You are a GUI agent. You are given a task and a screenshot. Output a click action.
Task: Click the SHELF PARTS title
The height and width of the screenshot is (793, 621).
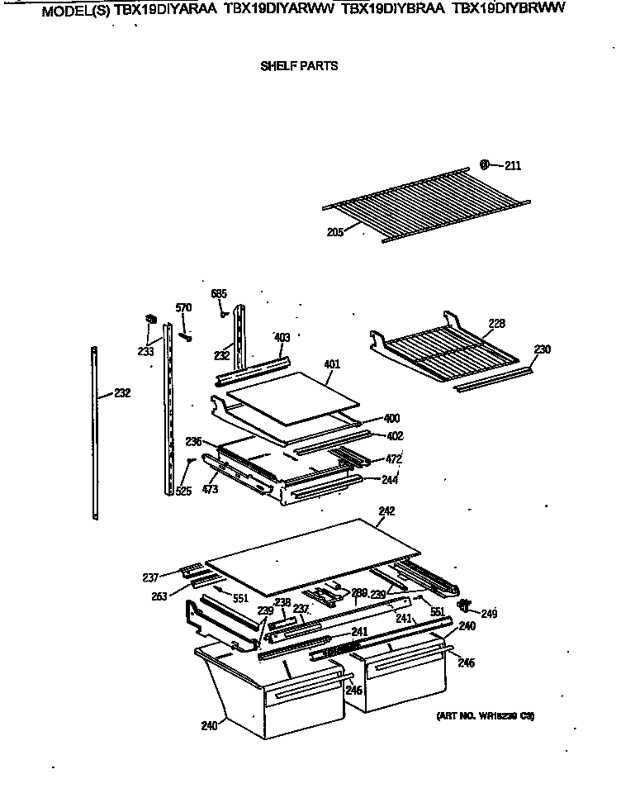coord(298,66)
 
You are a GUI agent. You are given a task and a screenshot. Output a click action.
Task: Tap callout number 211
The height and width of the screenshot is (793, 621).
coord(513,166)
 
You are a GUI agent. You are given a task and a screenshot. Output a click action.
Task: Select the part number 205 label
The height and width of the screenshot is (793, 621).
coord(334,232)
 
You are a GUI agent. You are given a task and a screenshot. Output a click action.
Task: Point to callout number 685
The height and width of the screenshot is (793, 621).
coord(219,294)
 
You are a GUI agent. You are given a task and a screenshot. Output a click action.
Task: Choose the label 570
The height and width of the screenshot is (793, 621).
coord(183,308)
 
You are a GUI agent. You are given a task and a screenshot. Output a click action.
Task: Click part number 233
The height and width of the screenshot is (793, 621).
coord(145,350)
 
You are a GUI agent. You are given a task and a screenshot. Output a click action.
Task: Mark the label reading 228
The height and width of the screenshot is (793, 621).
coord(496,324)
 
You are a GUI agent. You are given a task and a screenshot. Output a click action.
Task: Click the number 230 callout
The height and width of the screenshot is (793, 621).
coord(542,349)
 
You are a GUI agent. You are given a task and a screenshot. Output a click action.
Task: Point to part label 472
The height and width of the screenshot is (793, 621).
coord(394,459)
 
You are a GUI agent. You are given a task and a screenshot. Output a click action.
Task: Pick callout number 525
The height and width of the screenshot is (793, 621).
coord(183,491)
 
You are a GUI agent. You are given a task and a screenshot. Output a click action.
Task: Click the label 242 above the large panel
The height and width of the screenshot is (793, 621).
coord(386,511)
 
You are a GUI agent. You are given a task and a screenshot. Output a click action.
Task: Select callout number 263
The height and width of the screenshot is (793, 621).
coord(159,596)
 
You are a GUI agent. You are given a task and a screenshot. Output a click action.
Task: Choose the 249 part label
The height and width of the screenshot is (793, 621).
coord(490,614)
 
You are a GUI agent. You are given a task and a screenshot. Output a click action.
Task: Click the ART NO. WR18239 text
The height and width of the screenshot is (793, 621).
coord(485,716)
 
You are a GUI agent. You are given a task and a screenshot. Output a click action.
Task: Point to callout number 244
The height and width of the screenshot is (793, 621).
coord(389,480)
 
